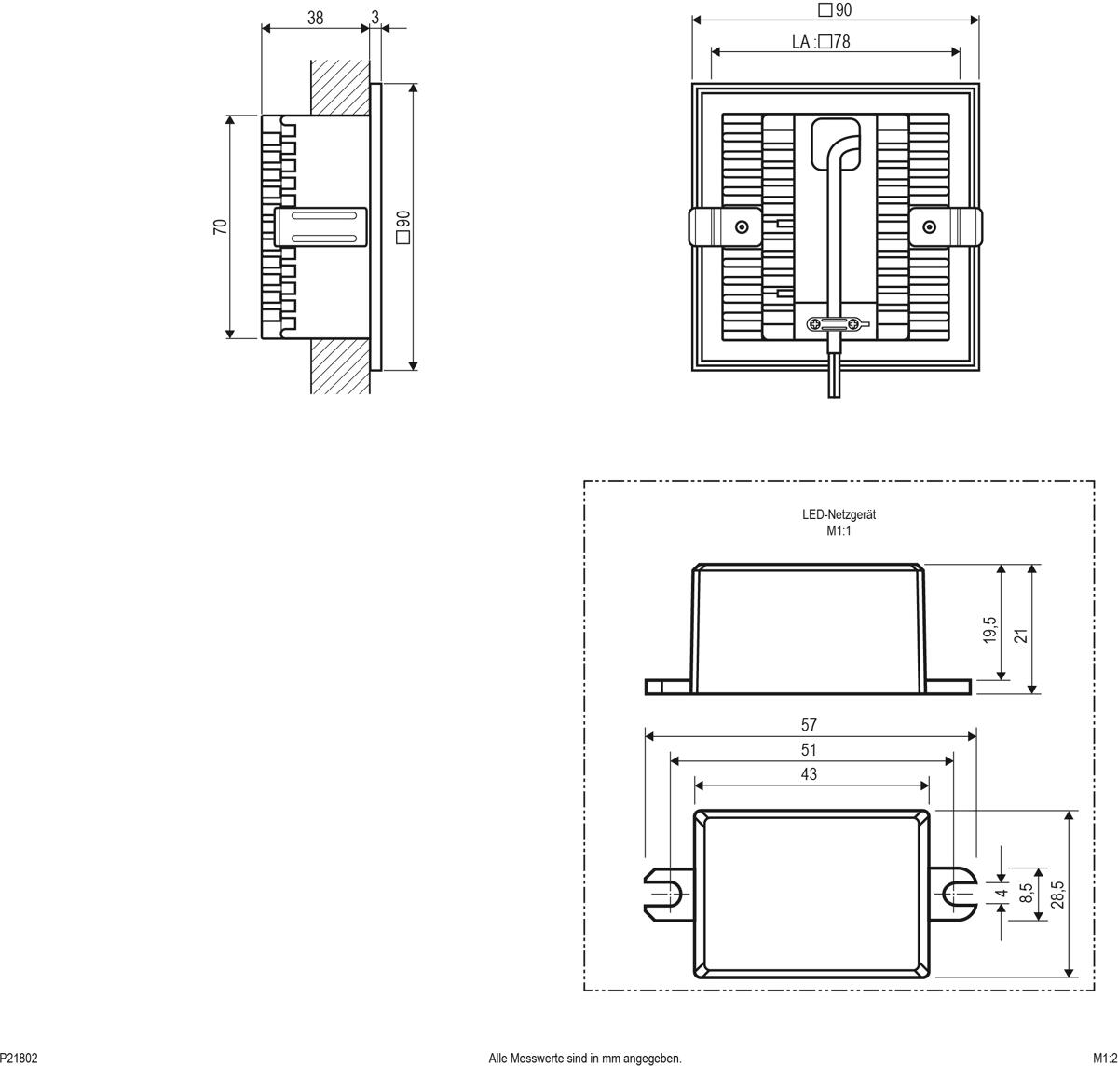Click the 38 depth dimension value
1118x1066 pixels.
point(315,18)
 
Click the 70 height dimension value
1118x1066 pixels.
point(220,225)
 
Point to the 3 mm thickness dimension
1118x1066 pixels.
point(375,18)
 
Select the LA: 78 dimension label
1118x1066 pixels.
point(821,42)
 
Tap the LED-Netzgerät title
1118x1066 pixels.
point(838,514)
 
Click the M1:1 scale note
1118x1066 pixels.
point(838,531)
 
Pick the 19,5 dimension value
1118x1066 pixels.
point(989,630)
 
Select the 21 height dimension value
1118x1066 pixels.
point(1021,635)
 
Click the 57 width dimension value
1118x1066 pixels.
point(809,725)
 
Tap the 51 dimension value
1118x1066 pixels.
point(809,750)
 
